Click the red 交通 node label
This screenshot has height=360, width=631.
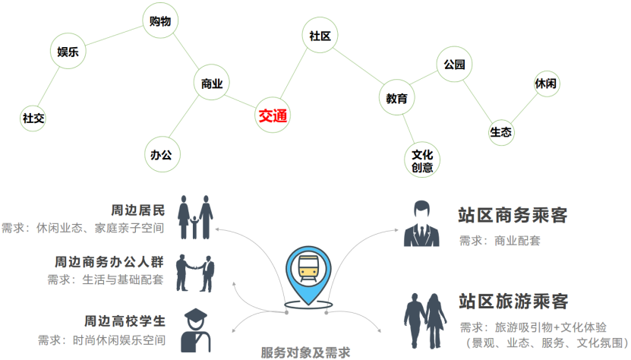pyautogui.click(x=273, y=115)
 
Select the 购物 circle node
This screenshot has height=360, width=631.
pyautogui.click(x=161, y=21)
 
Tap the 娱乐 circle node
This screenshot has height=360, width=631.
pyautogui.click(x=68, y=52)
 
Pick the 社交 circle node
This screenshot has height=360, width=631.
pyautogui.click(x=33, y=118)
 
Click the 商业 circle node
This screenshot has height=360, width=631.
pyautogui.click(x=212, y=84)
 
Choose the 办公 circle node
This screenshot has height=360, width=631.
pyautogui.click(x=161, y=154)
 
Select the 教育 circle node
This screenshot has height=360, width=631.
pyautogui.click(x=396, y=98)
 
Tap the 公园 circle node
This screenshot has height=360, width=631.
pyautogui.click(x=454, y=65)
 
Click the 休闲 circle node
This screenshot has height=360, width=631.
pyautogui.click(x=546, y=83)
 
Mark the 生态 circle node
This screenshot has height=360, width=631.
pyautogui.click(x=501, y=132)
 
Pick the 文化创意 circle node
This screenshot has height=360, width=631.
pyautogui.click(x=422, y=160)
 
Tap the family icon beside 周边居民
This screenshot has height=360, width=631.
pyautogui.click(x=195, y=217)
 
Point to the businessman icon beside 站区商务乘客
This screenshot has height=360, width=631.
pyautogui.click(x=421, y=224)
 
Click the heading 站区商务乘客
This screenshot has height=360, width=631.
pyautogui.click(x=513, y=216)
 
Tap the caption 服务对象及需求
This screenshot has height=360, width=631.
pyautogui.click(x=305, y=352)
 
